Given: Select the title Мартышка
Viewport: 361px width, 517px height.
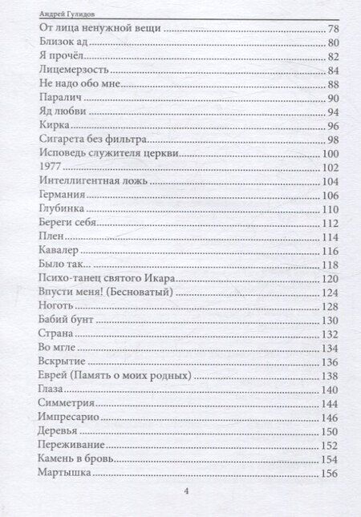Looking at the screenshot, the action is (x=65, y=473).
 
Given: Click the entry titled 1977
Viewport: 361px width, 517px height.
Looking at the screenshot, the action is (x=50, y=167).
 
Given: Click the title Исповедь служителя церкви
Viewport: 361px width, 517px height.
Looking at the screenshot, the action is (x=107, y=153).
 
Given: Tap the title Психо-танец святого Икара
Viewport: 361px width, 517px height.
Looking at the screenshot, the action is (x=107, y=278).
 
